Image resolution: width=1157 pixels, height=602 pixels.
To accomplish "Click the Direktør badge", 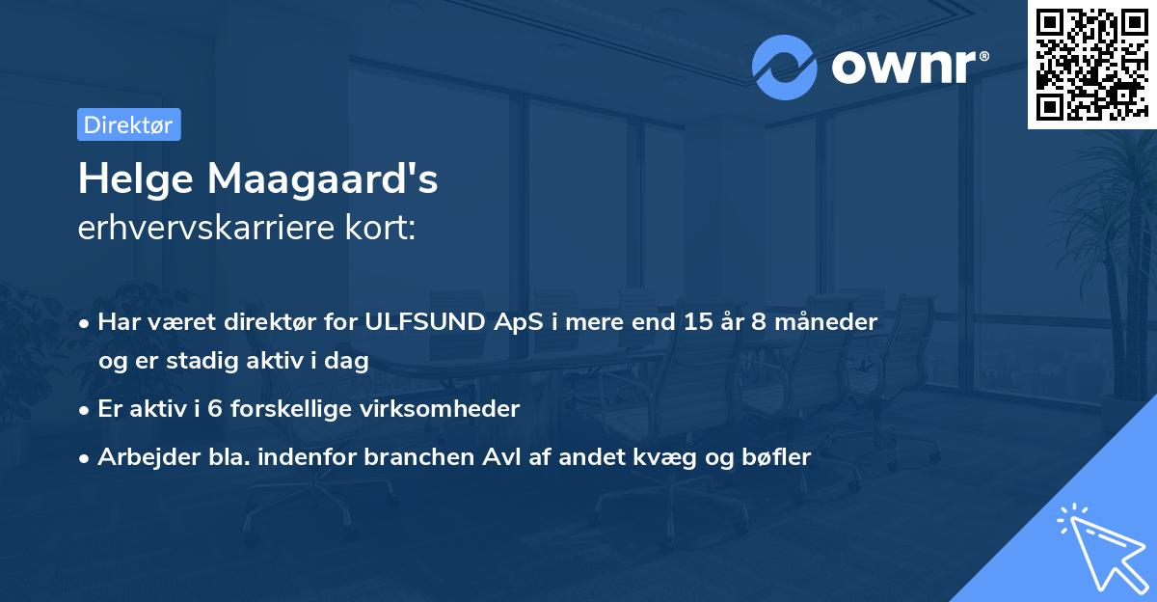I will click(128, 124).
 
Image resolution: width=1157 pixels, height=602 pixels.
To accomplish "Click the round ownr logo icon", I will click(783, 67).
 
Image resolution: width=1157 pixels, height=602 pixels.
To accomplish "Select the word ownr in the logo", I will click(907, 68).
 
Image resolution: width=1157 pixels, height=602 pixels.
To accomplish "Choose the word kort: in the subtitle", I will click(387, 229).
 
